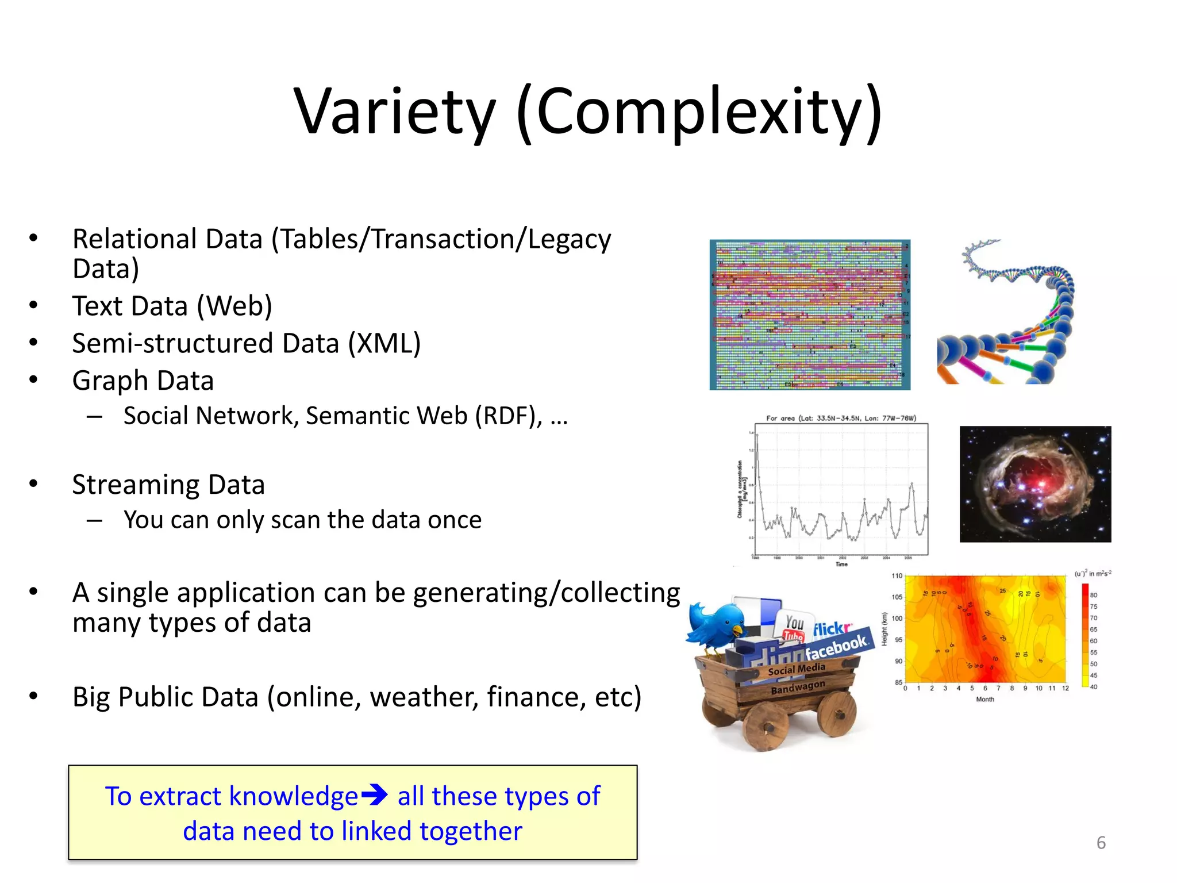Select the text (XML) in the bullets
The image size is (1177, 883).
pyautogui.click(x=384, y=343)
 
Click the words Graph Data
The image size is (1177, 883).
pyautogui.click(x=143, y=381)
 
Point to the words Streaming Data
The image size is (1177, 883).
pyautogui.click(x=168, y=485)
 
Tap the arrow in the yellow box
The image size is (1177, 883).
pyautogui.click(x=374, y=796)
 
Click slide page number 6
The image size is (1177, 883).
pyautogui.click(x=1101, y=843)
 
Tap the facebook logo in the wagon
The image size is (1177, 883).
pyautogui.click(x=836, y=647)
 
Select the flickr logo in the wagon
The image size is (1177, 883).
pyautogui.click(x=832, y=629)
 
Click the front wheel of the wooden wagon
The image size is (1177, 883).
pyautogui.click(x=765, y=728)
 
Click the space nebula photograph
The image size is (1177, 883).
pyautogui.click(x=1035, y=484)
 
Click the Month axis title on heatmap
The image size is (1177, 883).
pyautogui.click(x=984, y=700)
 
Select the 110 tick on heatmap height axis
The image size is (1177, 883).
pyautogui.click(x=897, y=576)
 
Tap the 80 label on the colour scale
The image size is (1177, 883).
pyautogui.click(x=1093, y=595)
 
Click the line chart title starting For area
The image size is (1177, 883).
pyautogui.click(x=841, y=418)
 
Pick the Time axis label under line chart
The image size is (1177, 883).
pyautogui.click(x=841, y=565)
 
